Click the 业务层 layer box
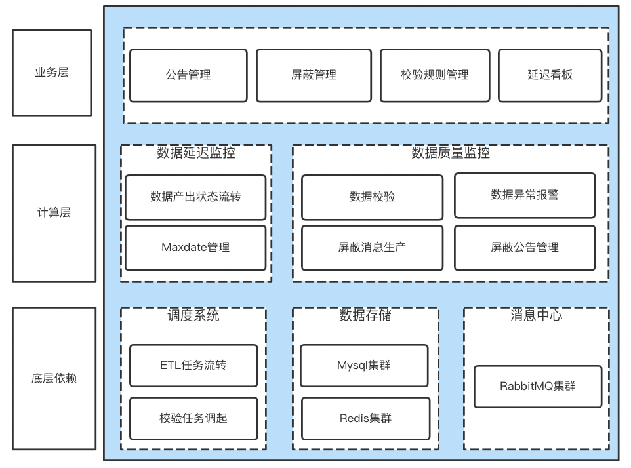click(x=52, y=73)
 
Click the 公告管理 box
click(x=188, y=75)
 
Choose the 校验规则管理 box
click(x=434, y=75)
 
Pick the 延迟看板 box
click(x=550, y=75)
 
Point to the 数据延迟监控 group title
click(x=196, y=153)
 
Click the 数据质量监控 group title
click(x=451, y=153)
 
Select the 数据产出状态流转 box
click(x=195, y=197)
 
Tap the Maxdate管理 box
click(x=195, y=248)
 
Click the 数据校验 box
click(x=372, y=197)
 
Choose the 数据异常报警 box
click(x=524, y=195)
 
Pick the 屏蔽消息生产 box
click(x=372, y=248)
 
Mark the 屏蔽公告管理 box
click(x=524, y=248)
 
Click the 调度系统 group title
click(x=193, y=315)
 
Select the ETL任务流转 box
click(x=193, y=365)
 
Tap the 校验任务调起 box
click(x=193, y=418)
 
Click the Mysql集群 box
click(x=364, y=365)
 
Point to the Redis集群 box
click(x=365, y=418)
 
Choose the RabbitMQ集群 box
click(x=537, y=386)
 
